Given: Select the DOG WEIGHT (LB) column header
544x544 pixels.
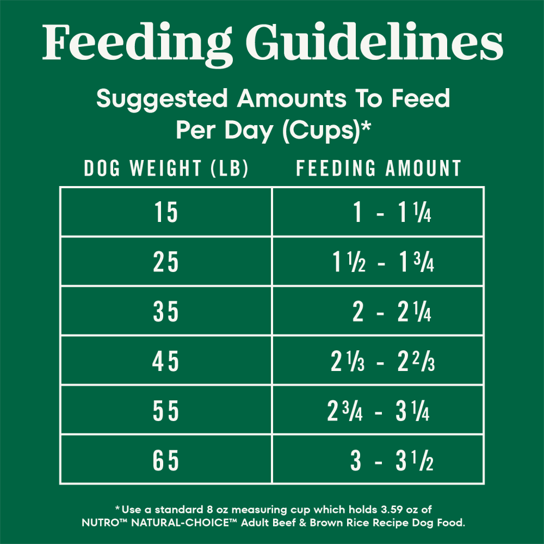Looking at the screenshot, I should pos(166,169).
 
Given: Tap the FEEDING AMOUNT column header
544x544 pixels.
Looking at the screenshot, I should pos(378,169).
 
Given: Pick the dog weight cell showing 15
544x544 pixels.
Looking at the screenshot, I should pos(166,213).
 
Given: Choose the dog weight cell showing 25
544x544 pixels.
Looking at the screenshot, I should pos(166,263).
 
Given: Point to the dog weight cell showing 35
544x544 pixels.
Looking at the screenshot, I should pos(166,313).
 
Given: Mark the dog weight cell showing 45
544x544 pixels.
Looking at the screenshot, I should pos(166,362).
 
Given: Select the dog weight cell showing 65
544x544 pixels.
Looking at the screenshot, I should pos(166,461).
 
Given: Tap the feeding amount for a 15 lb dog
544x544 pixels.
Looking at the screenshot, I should pos(392,213).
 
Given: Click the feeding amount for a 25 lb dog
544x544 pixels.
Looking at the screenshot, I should pos(383,263).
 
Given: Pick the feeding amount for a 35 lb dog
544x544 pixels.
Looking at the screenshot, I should pos(392,313).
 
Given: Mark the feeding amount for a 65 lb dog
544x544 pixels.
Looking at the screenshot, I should pos(392,461).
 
